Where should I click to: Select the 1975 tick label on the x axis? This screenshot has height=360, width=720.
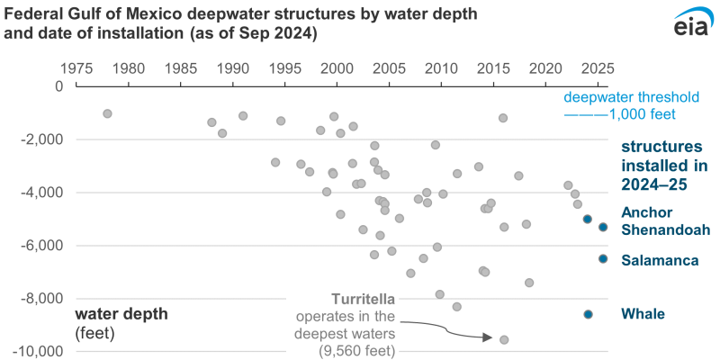[x=77, y=69]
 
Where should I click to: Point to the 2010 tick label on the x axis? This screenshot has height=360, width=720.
[x=441, y=69]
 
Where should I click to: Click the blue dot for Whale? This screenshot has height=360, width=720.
[x=588, y=314]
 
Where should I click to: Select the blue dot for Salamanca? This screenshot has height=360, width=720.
[x=603, y=258]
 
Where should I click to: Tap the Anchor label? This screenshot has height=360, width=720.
[x=643, y=213]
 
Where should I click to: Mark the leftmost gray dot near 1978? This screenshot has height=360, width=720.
[x=107, y=113]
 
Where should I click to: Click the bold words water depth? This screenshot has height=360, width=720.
[x=121, y=315]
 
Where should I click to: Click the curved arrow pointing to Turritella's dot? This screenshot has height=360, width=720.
[x=450, y=331]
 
